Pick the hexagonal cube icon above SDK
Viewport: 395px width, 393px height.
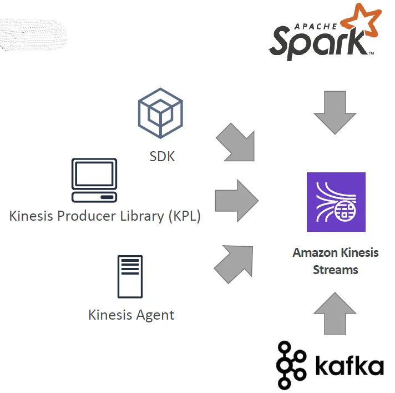point(160,113)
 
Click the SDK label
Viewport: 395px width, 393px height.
point(162,156)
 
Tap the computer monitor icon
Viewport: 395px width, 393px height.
point(94,180)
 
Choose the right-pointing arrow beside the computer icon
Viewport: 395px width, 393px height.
point(236,199)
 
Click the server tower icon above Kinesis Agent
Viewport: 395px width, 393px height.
point(130,277)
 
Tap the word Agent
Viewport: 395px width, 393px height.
point(156,315)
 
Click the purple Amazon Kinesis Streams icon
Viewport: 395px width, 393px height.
point(336,202)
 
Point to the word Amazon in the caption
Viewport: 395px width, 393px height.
point(313,252)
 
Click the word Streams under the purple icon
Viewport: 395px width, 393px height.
point(336,270)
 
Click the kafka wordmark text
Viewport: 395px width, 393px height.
point(349,366)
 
